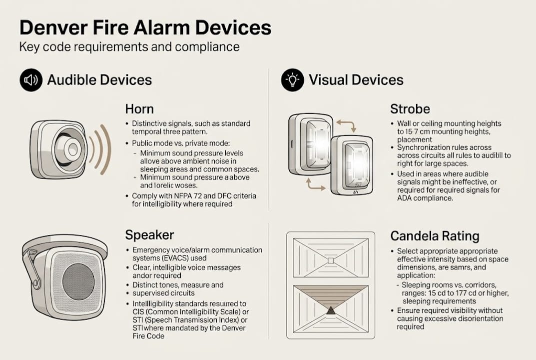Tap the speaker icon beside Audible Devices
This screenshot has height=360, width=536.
pyautogui.click(x=31, y=80)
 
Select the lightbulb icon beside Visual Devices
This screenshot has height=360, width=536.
pyautogui.click(x=292, y=80)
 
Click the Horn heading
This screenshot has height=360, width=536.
pyautogui.click(x=139, y=109)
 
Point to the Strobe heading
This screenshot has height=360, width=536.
pyautogui.click(x=410, y=109)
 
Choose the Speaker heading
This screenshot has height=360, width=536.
pyautogui.click(x=149, y=235)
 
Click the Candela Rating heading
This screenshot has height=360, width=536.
pyautogui.click(x=435, y=235)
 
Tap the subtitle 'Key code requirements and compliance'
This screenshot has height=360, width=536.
pyautogui.click(x=129, y=47)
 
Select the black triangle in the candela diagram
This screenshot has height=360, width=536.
pyautogui.click(x=330, y=311)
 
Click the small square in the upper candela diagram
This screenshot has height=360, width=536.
pyautogui.click(x=330, y=260)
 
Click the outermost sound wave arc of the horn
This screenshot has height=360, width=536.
pyautogui.click(x=106, y=149)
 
